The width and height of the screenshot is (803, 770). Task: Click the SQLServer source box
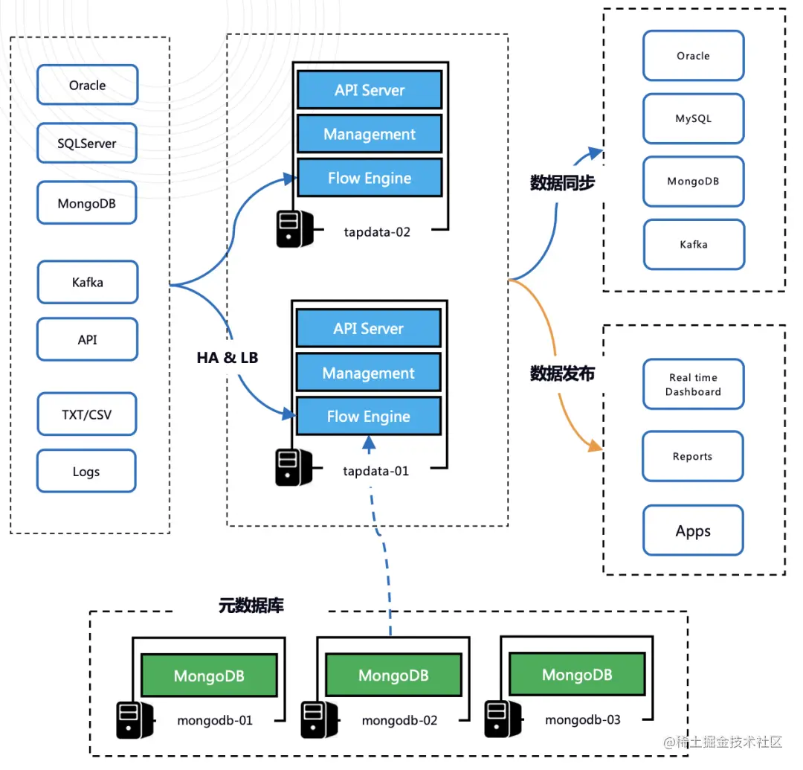(x=87, y=144)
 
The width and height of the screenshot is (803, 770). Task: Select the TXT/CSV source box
(x=87, y=414)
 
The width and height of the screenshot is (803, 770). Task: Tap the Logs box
(x=86, y=472)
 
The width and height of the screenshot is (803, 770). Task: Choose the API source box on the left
(x=88, y=340)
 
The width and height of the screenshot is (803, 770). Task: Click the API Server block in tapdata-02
(x=370, y=91)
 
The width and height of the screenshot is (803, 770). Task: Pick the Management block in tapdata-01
(x=369, y=373)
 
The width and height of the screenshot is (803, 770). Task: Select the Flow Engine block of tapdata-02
(x=370, y=179)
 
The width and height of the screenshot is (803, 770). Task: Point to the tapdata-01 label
(x=376, y=471)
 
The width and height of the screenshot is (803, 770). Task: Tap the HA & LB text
(x=228, y=358)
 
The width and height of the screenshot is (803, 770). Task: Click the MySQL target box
(x=693, y=119)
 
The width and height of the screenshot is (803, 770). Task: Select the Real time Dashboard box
(x=693, y=385)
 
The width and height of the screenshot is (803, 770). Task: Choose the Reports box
(x=692, y=457)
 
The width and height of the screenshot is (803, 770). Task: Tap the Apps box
(x=693, y=531)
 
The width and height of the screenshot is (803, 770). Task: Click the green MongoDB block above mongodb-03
(x=577, y=675)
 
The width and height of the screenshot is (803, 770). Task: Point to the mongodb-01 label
(x=215, y=720)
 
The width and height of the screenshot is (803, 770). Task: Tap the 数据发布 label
(x=562, y=373)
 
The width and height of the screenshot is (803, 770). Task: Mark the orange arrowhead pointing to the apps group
(x=595, y=446)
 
